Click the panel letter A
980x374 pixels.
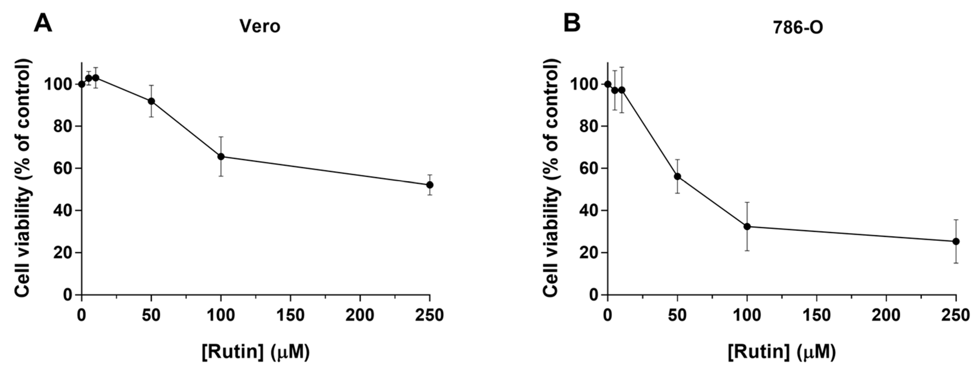(x=43, y=24)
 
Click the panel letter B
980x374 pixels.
(x=572, y=23)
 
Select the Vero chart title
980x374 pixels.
(x=260, y=26)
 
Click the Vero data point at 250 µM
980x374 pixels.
(x=430, y=185)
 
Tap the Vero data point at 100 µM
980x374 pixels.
(x=221, y=157)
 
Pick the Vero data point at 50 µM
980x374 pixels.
(x=152, y=101)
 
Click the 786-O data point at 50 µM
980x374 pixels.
(x=677, y=176)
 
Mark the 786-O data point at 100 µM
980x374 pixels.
(x=747, y=226)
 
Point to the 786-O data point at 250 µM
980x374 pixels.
(x=956, y=241)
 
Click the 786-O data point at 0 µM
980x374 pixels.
(x=608, y=84)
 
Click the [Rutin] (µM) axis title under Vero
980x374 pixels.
(x=256, y=351)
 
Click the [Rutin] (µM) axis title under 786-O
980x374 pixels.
(x=782, y=351)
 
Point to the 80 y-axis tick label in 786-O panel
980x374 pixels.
(x=588, y=126)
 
